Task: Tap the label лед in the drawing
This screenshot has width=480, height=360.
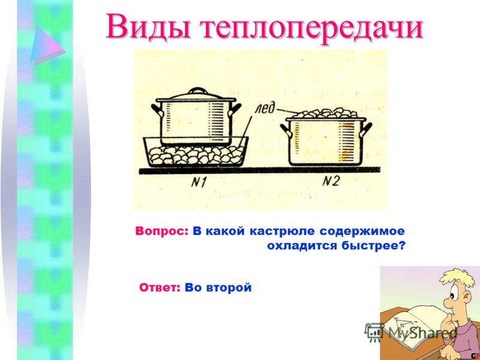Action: (265, 109)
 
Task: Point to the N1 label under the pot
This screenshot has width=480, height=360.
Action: (199, 182)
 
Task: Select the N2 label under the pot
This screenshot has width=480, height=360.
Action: (331, 182)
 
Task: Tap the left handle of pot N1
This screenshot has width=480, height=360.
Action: (157, 110)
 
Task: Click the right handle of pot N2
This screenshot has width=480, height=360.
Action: (366, 129)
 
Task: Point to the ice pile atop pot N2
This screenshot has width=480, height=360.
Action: (325, 113)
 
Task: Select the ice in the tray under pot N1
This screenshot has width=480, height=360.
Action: (196, 155)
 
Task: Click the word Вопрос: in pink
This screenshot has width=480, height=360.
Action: (161, 232)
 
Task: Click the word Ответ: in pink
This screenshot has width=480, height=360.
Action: (160, 288)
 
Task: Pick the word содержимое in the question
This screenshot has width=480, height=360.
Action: (362, 232)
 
